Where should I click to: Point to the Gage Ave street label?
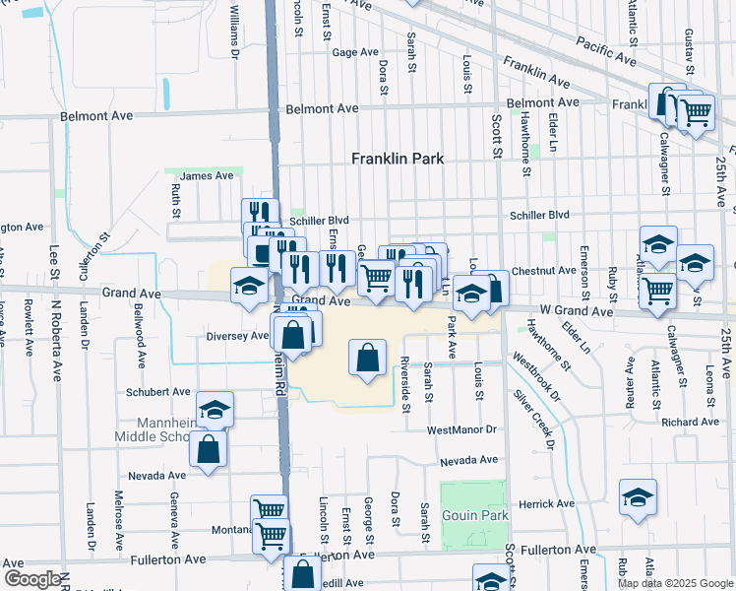tap(355, 52)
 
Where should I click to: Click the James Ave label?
tap(207, 175)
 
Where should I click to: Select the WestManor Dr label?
tap(462, 430)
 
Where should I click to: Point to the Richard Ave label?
tap(691, 422)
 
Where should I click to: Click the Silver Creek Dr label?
tap(533, 420)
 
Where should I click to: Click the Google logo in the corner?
tap(32, 579)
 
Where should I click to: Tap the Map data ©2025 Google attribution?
tap(675, 583)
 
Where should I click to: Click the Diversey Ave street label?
tap(237, 335)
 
